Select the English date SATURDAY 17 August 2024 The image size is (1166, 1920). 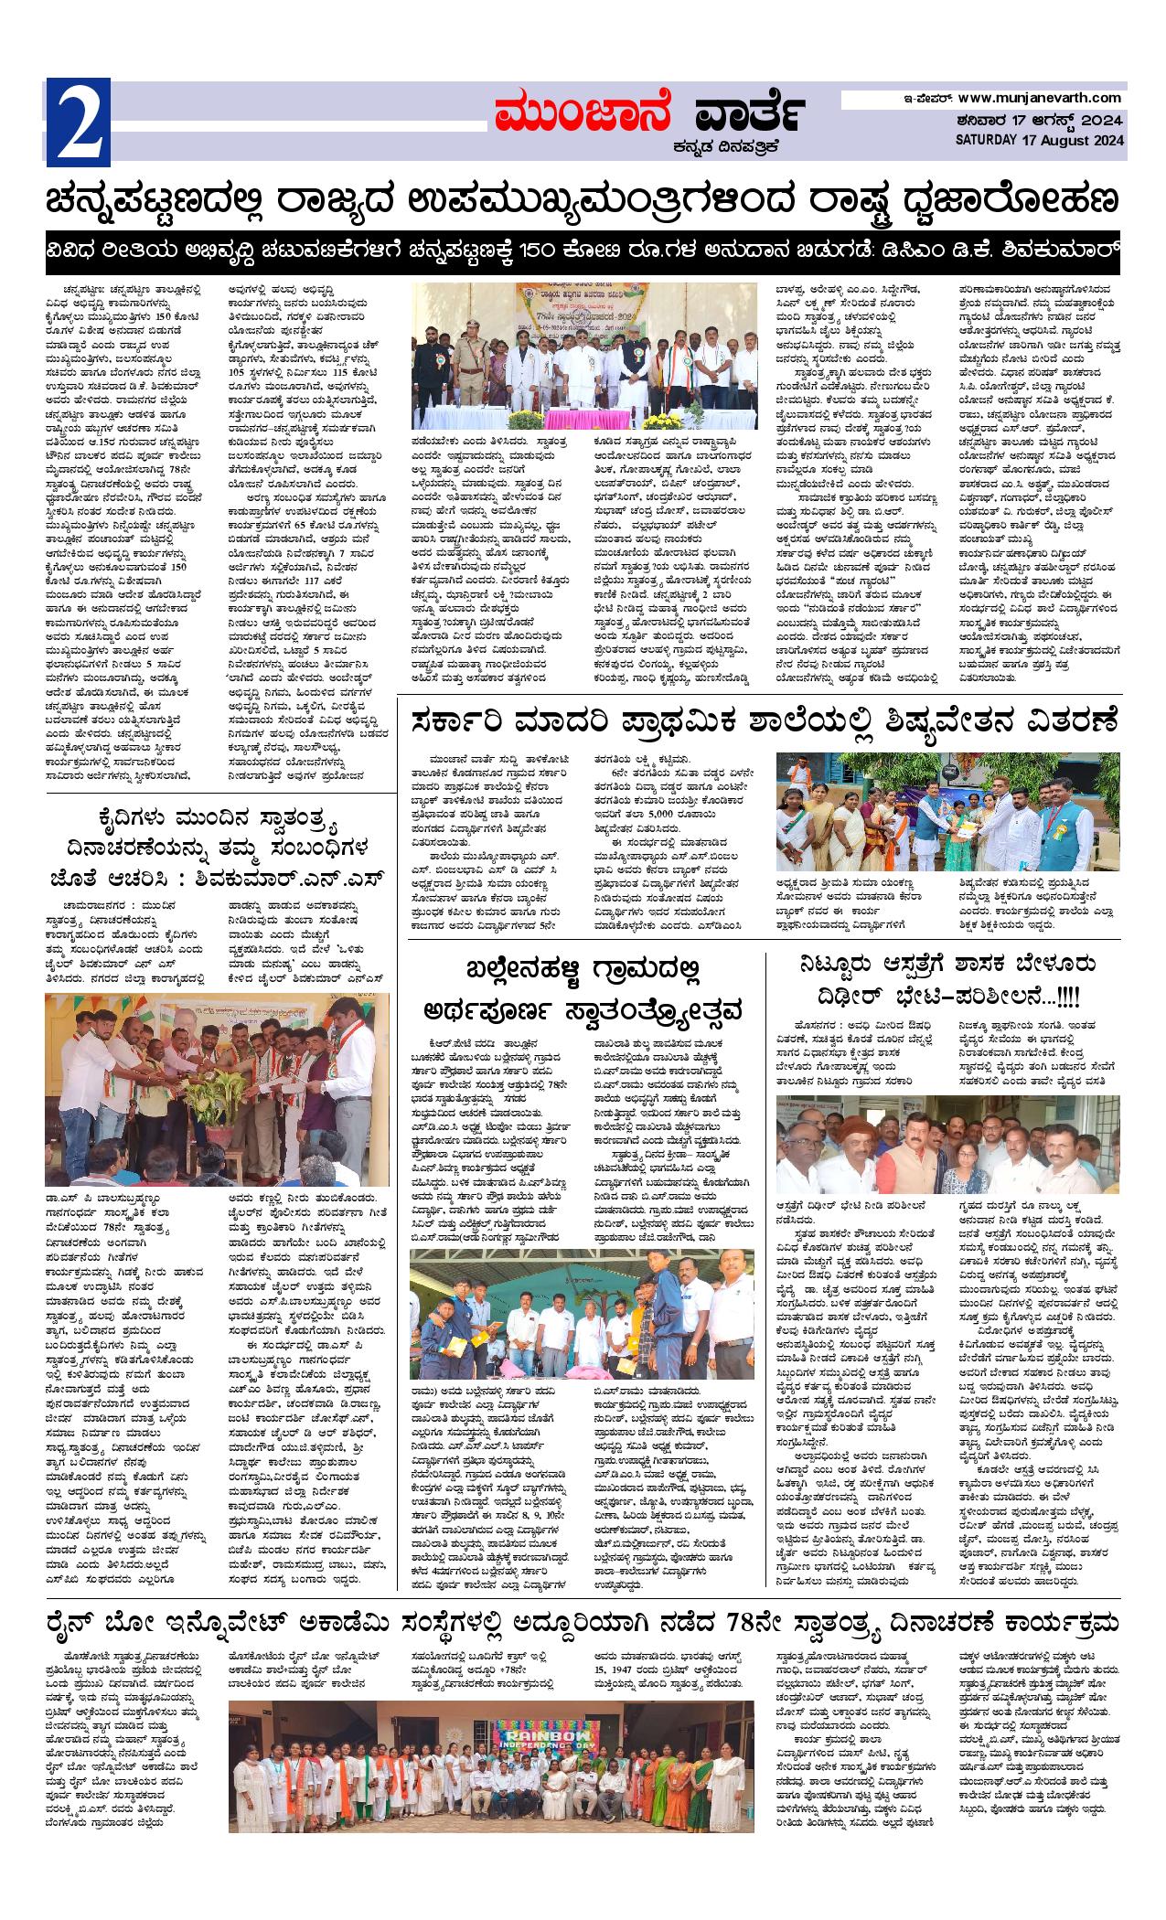pos(1039,140)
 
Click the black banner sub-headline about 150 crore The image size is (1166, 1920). pos(583,250)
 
